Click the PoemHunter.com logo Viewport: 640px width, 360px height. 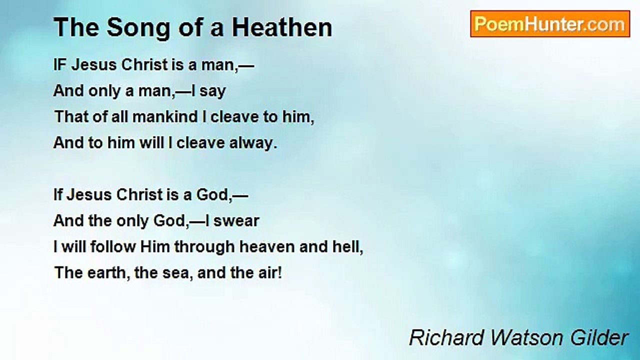click(x=549, y=24)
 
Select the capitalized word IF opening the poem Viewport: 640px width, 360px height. click(x=59, y=65)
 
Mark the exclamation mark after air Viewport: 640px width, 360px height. click(x=279, y=273)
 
